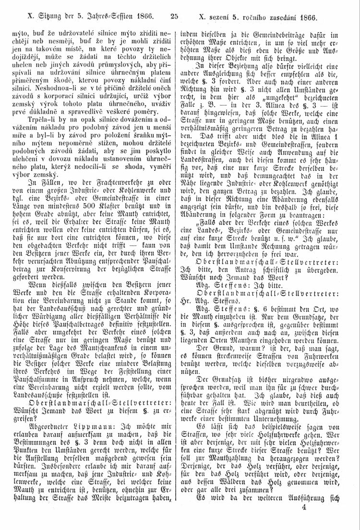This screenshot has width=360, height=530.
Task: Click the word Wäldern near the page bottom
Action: coord(238,494)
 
